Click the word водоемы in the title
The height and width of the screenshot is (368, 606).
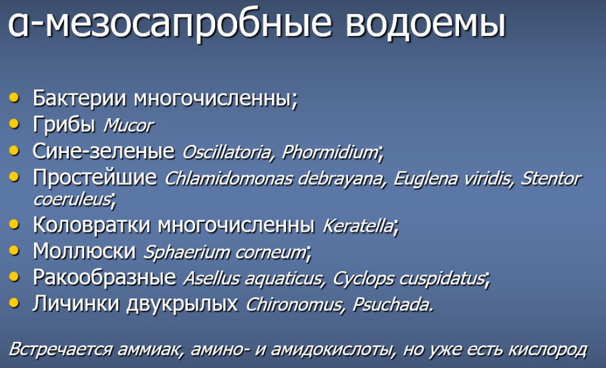(x=426, y=23)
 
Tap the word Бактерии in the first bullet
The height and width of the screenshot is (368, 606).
(x=80, y=98)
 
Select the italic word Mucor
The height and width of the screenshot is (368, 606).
(x=128, y=126)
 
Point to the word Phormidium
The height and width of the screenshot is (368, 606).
(x=330, y=152)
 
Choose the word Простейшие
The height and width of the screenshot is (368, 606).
(x=95, y=178)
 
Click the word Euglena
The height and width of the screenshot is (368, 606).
(x=425, y=179)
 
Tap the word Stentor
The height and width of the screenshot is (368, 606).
(x=551, y=178)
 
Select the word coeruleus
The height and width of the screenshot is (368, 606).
(x=72, y=200)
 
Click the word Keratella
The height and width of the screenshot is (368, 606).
(x=358, y=226)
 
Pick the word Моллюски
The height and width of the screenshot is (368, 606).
(x=84, y=251)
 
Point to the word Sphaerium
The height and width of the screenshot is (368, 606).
(x=186, y=253)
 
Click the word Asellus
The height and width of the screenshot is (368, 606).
(x=211, y=279)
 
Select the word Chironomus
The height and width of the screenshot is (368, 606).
(x=295, y=305)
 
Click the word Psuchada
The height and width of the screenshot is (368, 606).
(x=392, y=305)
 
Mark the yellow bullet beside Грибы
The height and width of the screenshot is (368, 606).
(x=14, y=124)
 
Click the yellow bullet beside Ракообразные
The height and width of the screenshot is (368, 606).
(x=14, y=277)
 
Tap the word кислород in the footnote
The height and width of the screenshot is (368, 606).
(x=548, y=349)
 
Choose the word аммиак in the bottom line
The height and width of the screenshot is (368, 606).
(x=148, y=349)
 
